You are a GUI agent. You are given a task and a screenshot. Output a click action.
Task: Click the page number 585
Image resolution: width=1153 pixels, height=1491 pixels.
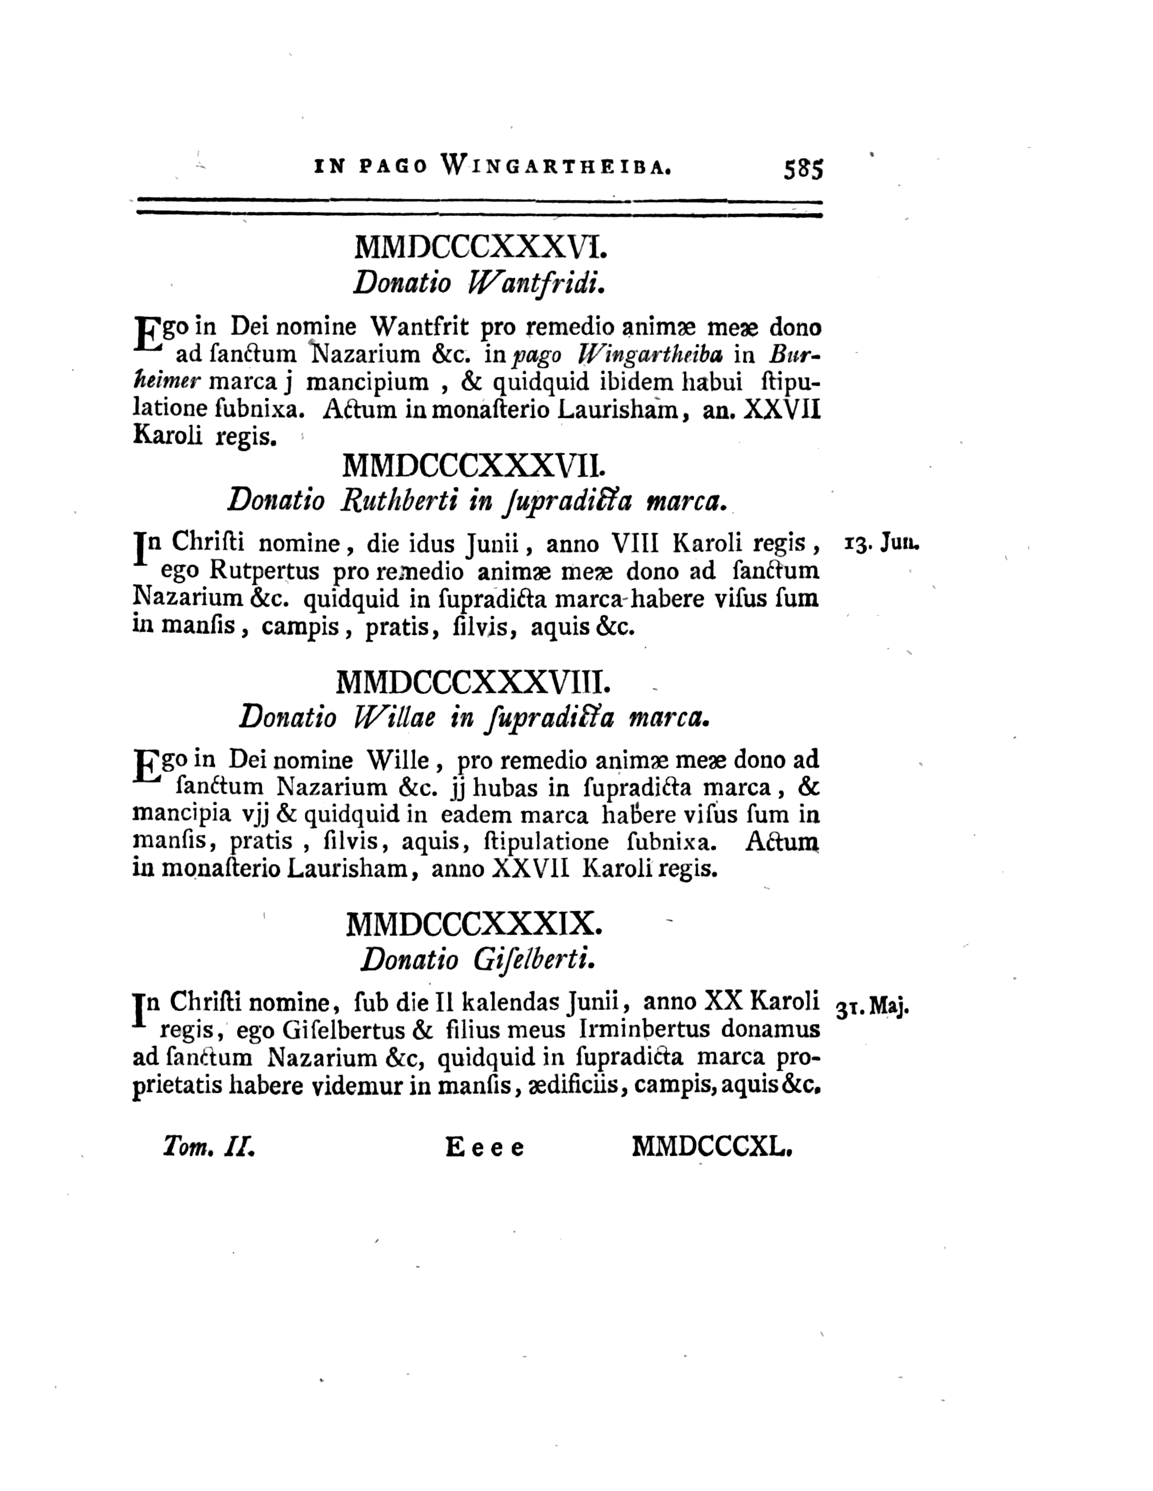click(x=803, y=168)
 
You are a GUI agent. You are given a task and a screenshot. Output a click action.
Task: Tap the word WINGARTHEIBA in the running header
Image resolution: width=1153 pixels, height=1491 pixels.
click(x=557, y=166)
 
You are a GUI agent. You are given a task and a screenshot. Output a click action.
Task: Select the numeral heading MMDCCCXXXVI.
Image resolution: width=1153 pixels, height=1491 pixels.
click(x=480, y=247)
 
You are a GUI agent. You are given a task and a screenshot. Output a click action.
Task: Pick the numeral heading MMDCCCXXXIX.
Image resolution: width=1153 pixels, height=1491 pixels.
click(x=474, y=924)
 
